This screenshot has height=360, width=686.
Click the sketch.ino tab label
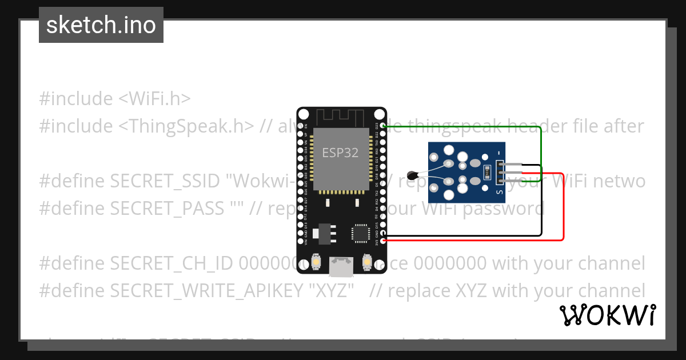coord(101,25)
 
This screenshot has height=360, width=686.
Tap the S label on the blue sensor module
coord(500,193)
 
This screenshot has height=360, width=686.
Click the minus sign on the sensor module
coord(500,153)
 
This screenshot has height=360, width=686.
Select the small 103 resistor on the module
coord(487,170)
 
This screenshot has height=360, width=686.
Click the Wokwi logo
coord(607,315)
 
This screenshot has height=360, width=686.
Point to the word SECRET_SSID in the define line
coord(165,181)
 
